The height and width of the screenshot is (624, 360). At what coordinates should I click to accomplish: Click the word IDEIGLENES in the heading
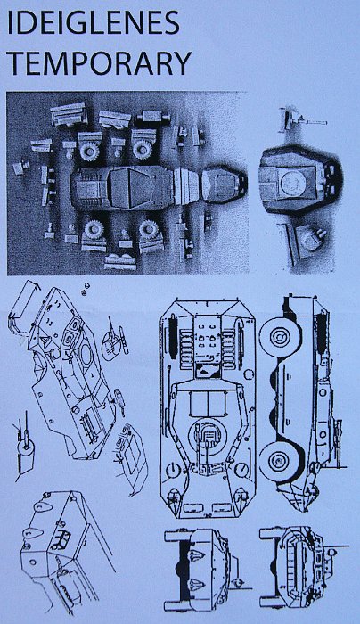coord(94,22)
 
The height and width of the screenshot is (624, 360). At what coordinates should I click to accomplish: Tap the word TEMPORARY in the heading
coord(100,63)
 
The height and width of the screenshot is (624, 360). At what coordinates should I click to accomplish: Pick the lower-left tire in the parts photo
coord(94,230)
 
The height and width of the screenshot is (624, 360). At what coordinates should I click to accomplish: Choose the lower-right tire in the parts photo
coord(149,230)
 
